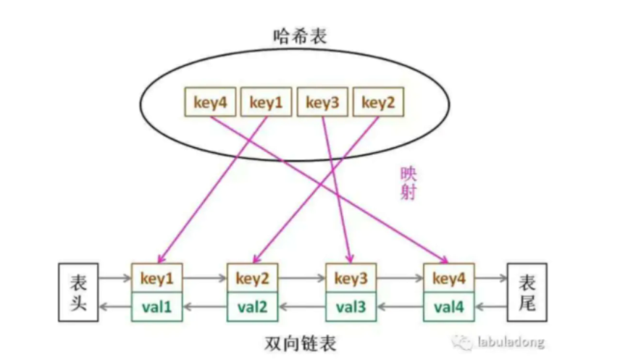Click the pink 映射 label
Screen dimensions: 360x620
point(410,183)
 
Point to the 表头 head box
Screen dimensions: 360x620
point(78,293)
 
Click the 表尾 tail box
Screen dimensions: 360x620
point(527,293)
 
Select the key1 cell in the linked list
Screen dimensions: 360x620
point(157,278)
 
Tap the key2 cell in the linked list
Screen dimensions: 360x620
point(253,278)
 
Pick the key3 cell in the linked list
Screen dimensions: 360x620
point(351,278)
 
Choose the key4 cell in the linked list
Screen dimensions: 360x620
point(448,278)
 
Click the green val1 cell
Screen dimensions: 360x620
point(157,306)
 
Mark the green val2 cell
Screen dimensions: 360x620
point(253,306)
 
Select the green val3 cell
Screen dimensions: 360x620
point(351,306)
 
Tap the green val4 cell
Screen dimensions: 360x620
point(448,306)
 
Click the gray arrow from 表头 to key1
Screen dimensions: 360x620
point(114,278)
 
